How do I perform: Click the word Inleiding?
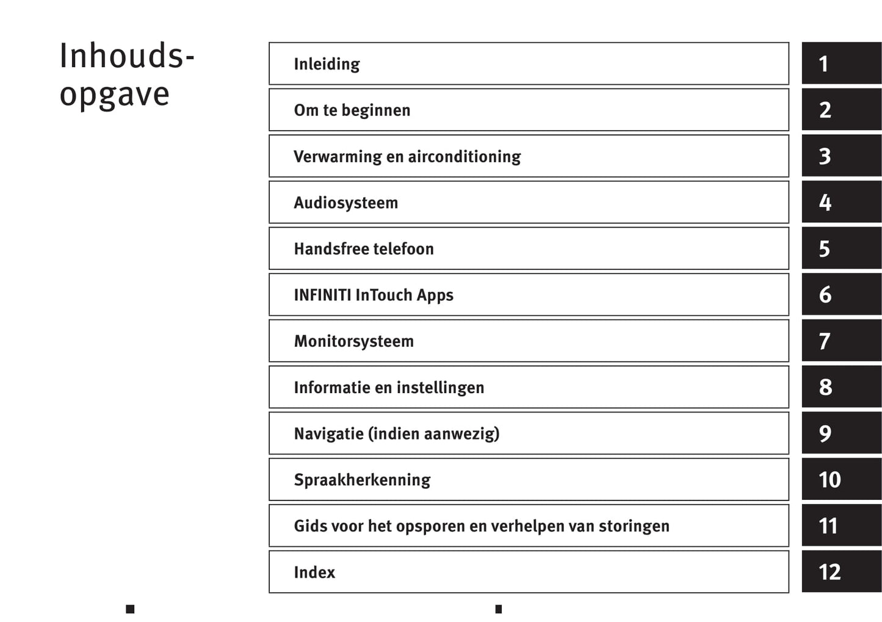click(327, 64)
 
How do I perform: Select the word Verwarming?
click(338, 157)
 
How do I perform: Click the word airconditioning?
click(464, 157)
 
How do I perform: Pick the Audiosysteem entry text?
click(346, 203)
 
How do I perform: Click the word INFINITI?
click(322, 295)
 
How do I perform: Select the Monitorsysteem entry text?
click(354, 341)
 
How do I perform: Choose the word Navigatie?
click(329, 434)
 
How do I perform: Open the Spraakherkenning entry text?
click(362, 480)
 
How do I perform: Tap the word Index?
click(314, 573)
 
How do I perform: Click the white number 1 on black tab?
click(823, 63)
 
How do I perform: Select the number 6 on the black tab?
click(825, 295)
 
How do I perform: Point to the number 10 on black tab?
click(830, 480)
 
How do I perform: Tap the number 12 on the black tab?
click(830, 573)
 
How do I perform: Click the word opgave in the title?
click(115, 95)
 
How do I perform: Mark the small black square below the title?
click(130, 609)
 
